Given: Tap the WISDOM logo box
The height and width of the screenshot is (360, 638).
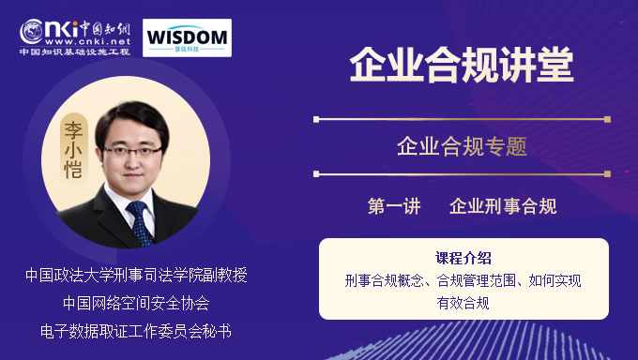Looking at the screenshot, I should [188, 37].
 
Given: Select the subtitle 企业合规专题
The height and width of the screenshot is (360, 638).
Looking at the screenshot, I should [462, 146].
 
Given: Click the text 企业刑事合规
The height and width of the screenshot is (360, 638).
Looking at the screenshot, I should [503, 206].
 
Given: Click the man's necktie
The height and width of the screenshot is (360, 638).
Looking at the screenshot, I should [141, 221].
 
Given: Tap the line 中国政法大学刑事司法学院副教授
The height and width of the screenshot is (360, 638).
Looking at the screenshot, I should [136, 276].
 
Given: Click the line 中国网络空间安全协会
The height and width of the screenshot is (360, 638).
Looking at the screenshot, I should [136, 303].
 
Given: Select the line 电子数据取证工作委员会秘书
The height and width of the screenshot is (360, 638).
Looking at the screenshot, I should [136, 330].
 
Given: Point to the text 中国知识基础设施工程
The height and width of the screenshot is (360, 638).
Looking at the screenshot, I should [75, 52].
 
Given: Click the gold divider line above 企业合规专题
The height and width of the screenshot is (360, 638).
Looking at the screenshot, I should [462, 119].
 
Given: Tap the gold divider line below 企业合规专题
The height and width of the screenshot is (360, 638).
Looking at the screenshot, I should [462, 173].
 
